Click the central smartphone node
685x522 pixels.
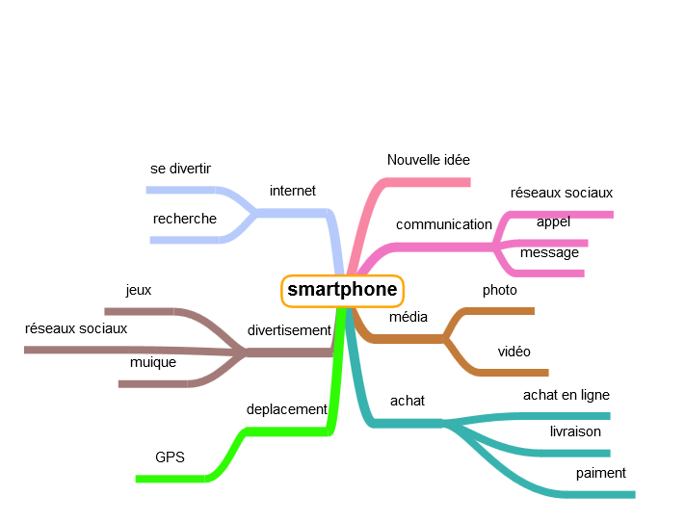[342, 290]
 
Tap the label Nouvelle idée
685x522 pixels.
[428, 160]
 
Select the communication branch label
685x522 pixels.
[443, 224]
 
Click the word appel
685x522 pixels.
[553, 222]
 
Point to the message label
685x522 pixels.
[549, 252]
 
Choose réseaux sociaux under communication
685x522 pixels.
[561, 193]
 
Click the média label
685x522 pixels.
[408, 317]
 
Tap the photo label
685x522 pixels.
[499, 290]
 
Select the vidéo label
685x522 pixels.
[514, 352]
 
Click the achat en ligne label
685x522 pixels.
[566, 395]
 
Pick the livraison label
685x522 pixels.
[575, 431]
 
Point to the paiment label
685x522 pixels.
[600, 473]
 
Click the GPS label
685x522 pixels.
[170, 457]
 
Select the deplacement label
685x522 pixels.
[287, 409]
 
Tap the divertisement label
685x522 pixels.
[289, 330]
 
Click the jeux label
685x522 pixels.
[138, 289]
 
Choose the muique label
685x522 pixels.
[152, 362]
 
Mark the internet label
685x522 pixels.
[292, 191]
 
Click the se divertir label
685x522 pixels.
[180, 169]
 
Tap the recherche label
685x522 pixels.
[184, 219]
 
